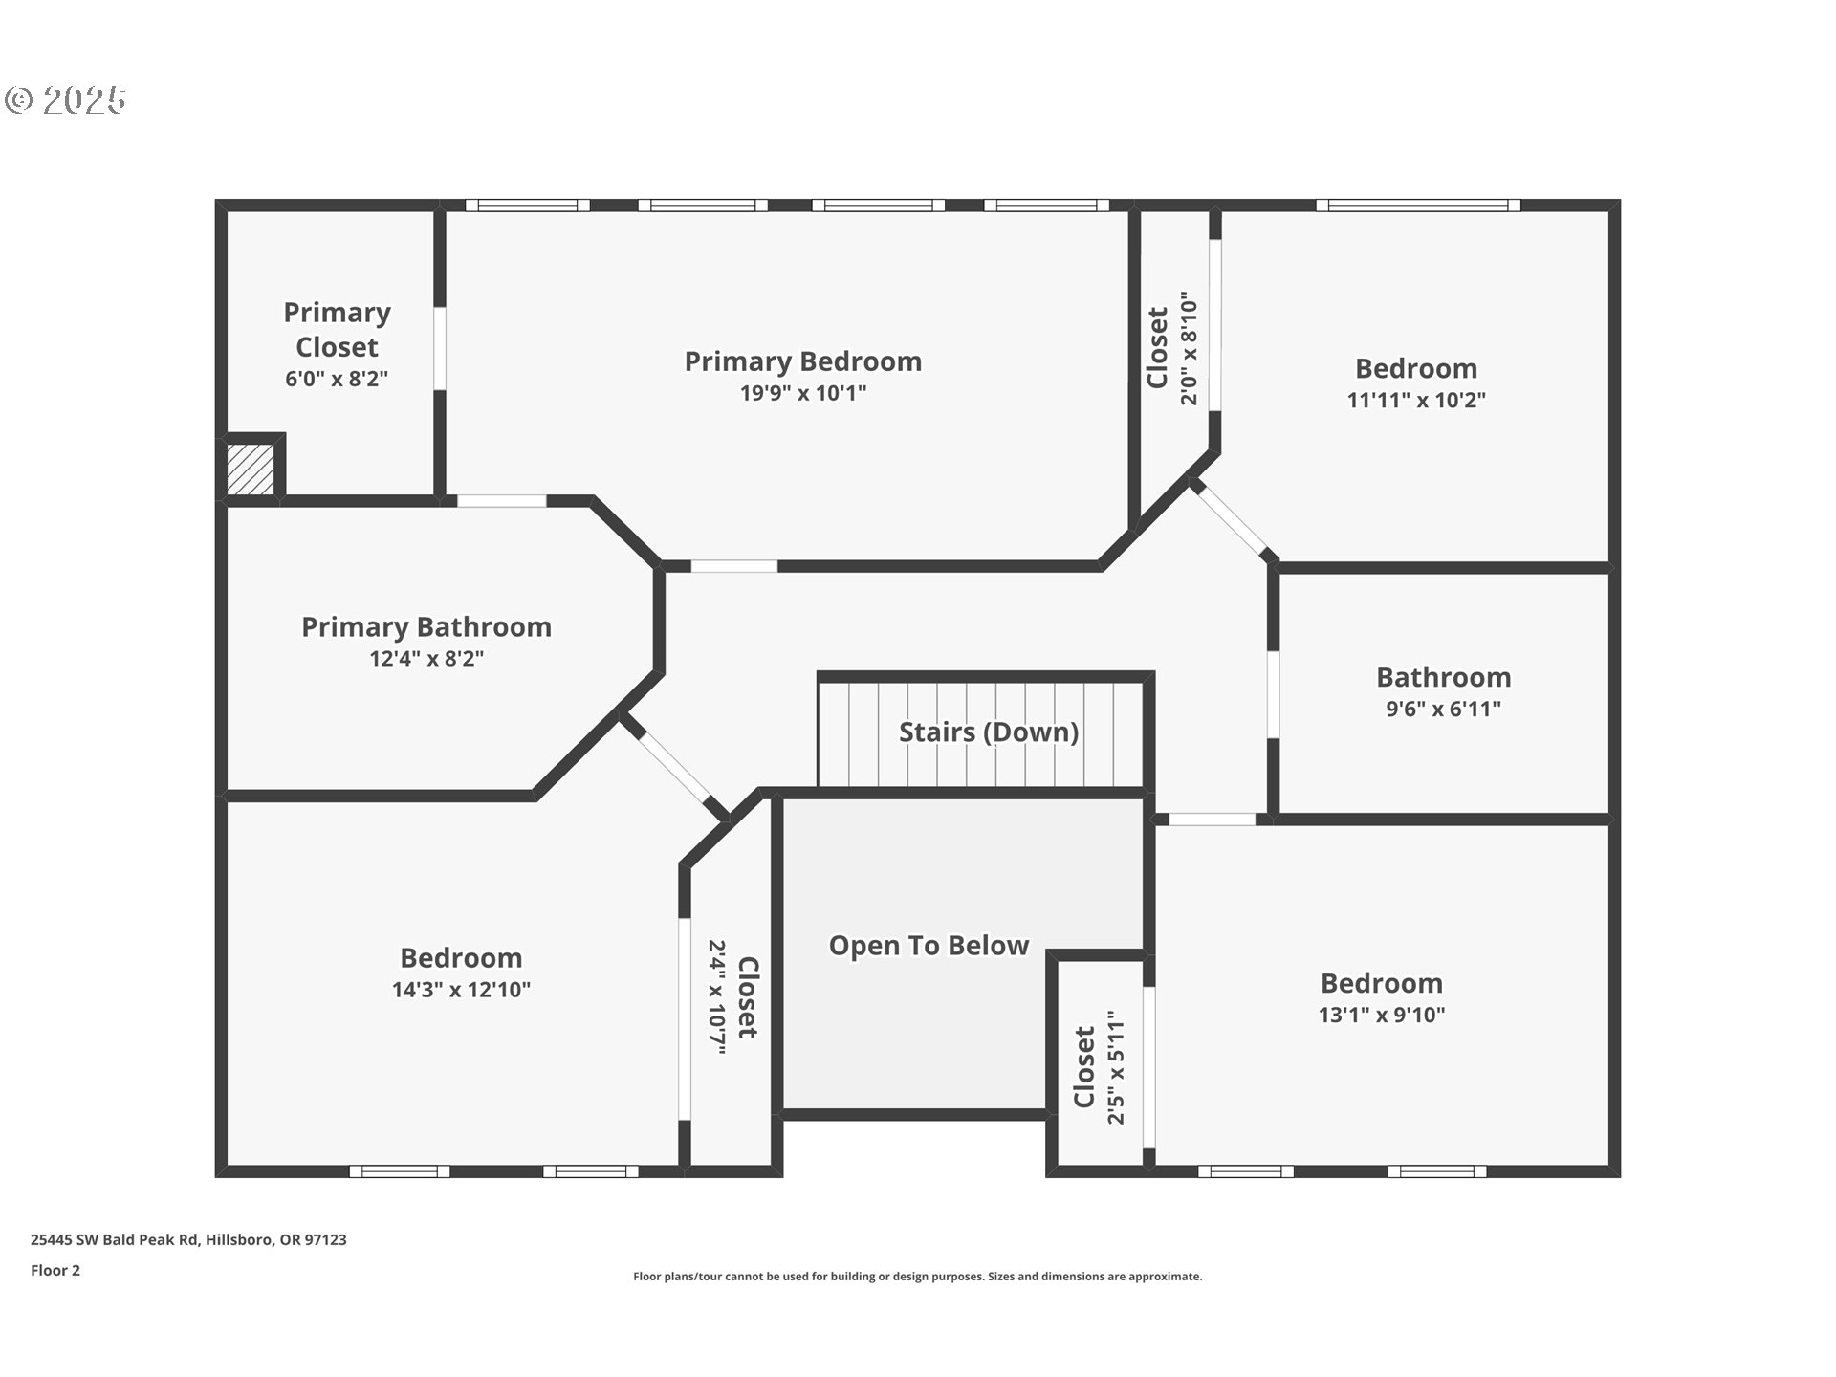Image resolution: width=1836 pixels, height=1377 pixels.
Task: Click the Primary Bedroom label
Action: point(803,361)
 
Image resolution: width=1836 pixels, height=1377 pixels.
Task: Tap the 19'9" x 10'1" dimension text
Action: point(803,393)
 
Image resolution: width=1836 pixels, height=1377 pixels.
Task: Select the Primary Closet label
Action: point(337,329)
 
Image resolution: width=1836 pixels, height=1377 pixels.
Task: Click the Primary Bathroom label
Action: point(426,627)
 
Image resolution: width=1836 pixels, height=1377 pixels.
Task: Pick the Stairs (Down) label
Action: point(989,732)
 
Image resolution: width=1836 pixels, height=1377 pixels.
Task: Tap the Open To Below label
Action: point(929,946)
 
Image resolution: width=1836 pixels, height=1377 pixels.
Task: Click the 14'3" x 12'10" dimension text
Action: point(461,990)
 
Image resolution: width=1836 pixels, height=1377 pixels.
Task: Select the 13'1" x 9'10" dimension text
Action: point(1382,1016)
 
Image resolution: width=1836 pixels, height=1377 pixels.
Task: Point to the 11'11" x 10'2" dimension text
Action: point(1416,401)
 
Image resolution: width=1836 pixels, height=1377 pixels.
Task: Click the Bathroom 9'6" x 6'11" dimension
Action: point(1444,710)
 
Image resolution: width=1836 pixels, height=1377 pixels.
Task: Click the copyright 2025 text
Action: point(66,100)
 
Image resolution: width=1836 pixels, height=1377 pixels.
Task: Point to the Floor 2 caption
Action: point(55,1270)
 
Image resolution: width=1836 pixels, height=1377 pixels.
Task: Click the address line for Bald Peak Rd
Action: point(188,1239)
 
